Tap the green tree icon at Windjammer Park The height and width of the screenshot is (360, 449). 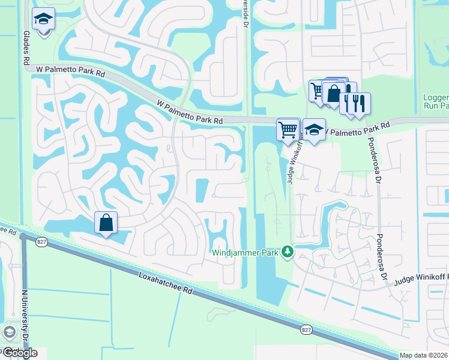click(x=288, y=252)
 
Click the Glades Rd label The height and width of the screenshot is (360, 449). click(x=26, y=49)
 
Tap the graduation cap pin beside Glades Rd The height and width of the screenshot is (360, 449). click(x=43, y=20)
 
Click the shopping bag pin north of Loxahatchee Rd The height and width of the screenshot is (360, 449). click(x=106, y=223)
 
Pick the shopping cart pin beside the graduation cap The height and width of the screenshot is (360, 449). click(x=288, y=129)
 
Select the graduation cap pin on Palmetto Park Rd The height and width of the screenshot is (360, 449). click(x=313, y=129)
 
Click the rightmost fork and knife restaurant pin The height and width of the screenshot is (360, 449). click(x=360, y=103)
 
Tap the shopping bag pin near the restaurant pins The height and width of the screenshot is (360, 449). click(x=334, y=92)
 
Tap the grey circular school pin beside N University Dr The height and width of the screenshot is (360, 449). click(x=9, y=332)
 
